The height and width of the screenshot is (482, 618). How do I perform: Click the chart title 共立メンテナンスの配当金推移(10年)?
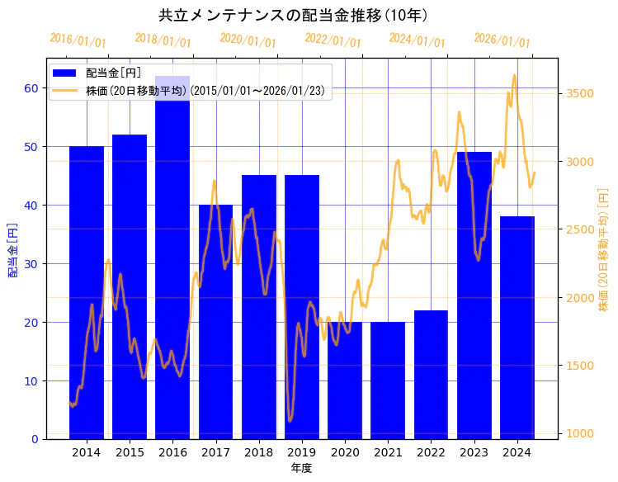(293, 15)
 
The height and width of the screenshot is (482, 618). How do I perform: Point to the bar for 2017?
(215, 322)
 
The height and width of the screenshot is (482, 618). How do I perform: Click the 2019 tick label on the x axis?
(302, 452)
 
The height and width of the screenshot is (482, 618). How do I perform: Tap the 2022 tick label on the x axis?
(431, 452)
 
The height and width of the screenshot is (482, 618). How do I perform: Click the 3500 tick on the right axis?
(580, 93)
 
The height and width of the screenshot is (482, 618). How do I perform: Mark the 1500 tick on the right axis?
(580, 365)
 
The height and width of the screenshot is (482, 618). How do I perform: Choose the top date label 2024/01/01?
(417, 40)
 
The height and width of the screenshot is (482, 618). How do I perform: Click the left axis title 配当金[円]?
(12, 249)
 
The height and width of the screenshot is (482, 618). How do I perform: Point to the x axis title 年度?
(301, 468)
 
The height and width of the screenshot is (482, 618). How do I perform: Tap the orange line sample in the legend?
(65, 90)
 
